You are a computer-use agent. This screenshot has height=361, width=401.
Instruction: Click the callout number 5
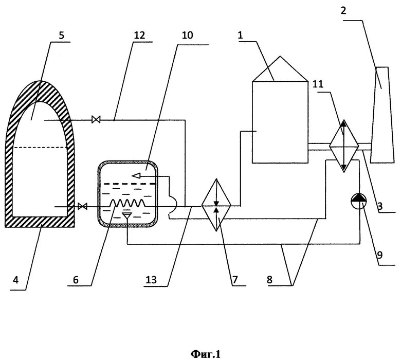pyautogui.click(x=62, y=36)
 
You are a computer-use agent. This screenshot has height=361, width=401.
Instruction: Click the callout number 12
pyautogui.click(x=139, y=36)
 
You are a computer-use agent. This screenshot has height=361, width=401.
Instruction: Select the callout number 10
pyautogui.click(x=187, y=36)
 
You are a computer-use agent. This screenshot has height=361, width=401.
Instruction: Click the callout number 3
pyautogui.click(x=380, y=206)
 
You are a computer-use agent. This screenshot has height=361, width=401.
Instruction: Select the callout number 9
pyautogui.click(x=380, y=254)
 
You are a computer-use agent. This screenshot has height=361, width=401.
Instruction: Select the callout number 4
pyautogui.click(x=15, y=280)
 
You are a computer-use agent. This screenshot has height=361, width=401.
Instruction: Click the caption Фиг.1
pyautogui.click(x=205, y=354)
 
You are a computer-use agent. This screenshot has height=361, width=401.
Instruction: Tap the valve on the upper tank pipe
pyautogui.click(x=96, y=120)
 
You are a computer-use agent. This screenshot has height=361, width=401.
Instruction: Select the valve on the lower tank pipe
pyautogui.click(x=81, y=207)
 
